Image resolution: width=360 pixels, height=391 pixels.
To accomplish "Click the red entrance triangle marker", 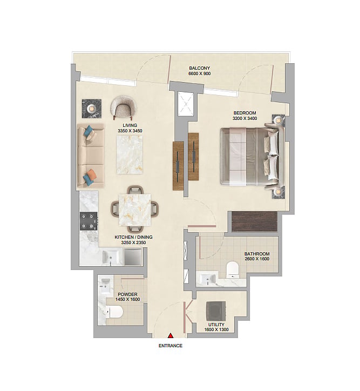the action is (171, 335).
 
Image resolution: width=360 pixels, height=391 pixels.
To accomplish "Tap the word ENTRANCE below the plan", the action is (171, 346).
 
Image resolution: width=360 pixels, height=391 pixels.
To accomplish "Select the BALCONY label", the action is (199, 68).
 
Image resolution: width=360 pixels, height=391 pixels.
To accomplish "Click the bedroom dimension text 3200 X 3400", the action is (244, 118).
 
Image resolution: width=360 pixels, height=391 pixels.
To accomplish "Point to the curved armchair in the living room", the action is (124, 107).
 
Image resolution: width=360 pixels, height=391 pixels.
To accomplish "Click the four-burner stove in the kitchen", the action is (89, 221).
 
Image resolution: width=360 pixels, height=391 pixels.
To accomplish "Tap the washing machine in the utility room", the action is (216, 311).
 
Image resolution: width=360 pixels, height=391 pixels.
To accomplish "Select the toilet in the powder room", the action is (115, 312).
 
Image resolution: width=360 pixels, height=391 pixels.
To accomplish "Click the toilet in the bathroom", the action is (233, 269).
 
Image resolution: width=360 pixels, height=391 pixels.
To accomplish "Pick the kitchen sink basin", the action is (111, 257).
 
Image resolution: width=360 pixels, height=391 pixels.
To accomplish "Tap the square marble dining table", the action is (135, 210).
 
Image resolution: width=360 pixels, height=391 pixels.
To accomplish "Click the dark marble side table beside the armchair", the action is (92, 109).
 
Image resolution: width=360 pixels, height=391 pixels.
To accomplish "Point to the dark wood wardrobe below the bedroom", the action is (254, 221).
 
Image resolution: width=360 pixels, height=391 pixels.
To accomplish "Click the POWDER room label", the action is (127, 294).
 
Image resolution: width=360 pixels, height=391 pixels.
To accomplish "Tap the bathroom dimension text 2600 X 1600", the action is (257, 259).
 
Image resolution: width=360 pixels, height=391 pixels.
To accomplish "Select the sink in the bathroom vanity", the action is (208, 279).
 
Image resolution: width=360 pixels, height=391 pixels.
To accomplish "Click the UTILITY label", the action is (216, 325).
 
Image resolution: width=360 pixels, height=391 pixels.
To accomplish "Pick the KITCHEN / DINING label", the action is (133, 237).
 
